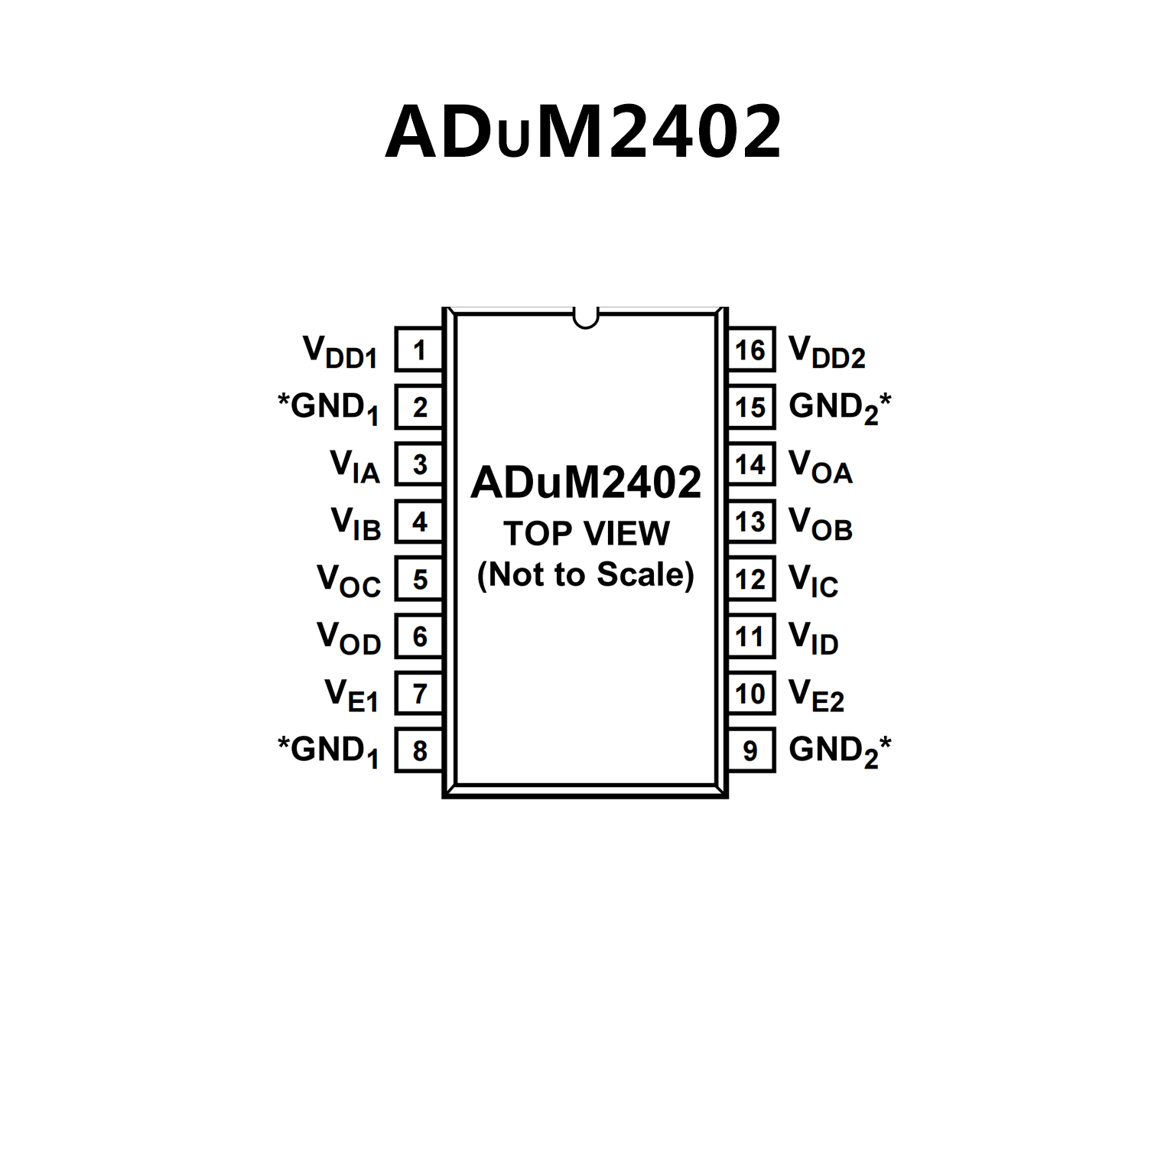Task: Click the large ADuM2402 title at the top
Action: pos(584,132)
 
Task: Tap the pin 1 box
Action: pos(419,350)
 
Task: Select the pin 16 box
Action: pos(750,350)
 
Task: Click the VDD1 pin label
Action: pos(340,353)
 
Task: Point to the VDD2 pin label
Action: pos(827,353)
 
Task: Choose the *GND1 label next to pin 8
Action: pos(328,751)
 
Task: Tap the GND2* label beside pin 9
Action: pos(840,751)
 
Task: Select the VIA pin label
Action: pos(355,466)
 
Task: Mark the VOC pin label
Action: pos(349,580)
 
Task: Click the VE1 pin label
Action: pos(352,695)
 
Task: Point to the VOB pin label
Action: pos(820,524)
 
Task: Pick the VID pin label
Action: pos(813,638)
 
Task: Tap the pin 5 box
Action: pos(419,579)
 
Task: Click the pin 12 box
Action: pos(750,579)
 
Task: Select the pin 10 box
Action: pos(750,694)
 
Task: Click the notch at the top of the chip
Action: pos(585,317)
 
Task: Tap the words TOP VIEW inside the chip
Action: pos(587,533)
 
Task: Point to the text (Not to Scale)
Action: pos(586,574)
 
